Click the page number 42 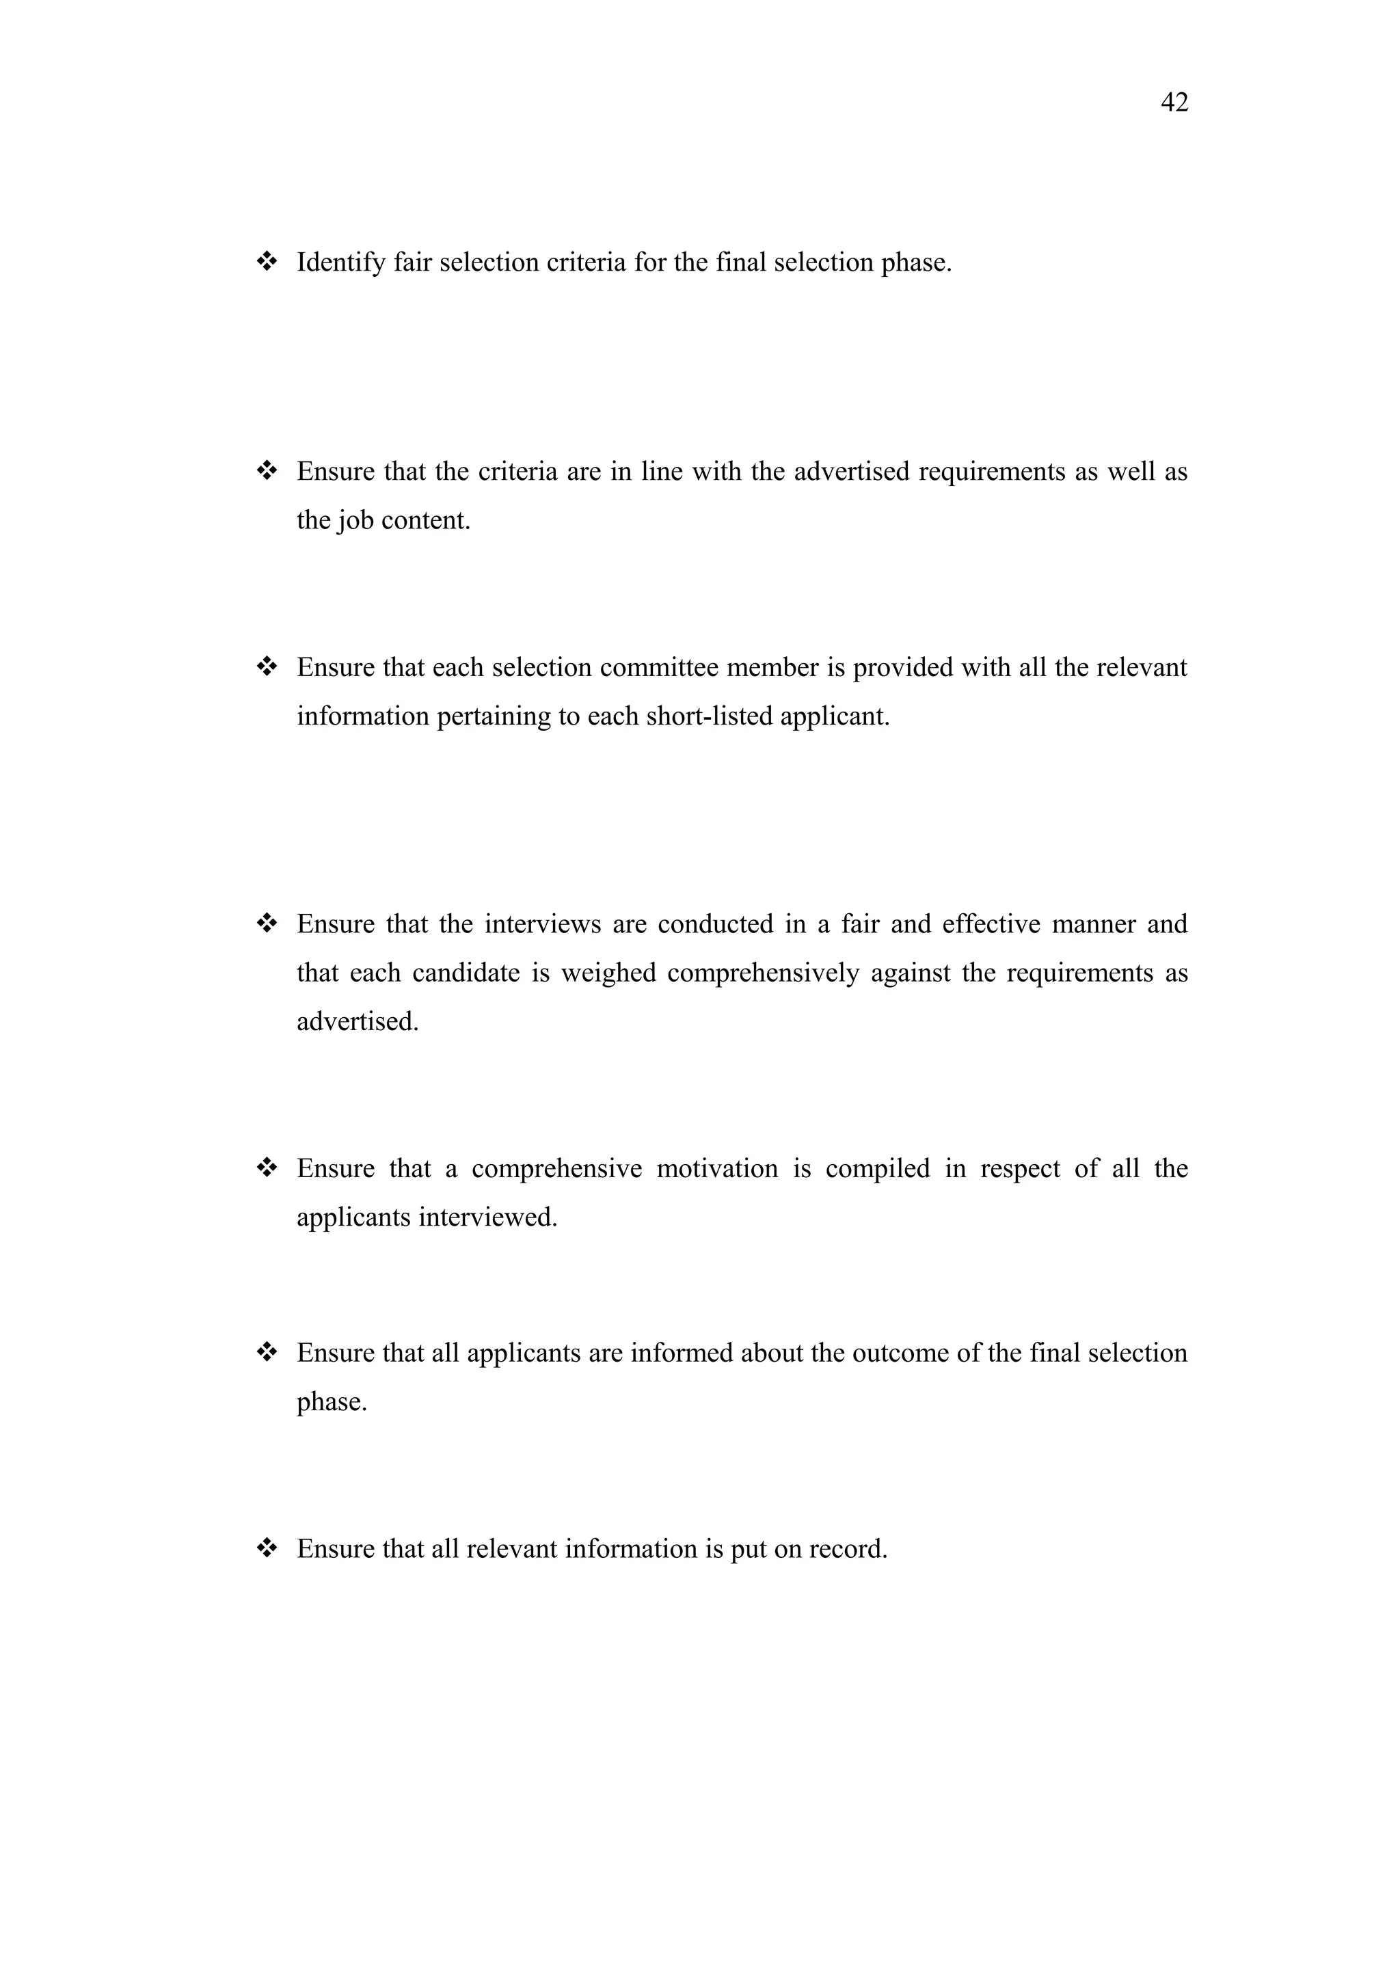(x=1174, y=103)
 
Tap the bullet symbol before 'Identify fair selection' (x=267, y=260)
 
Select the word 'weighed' (x=608, y=973)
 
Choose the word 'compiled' (x=877, y=1168)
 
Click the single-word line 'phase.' (x=332, y=1402)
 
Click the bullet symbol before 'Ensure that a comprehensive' (x=267, y=1168)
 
